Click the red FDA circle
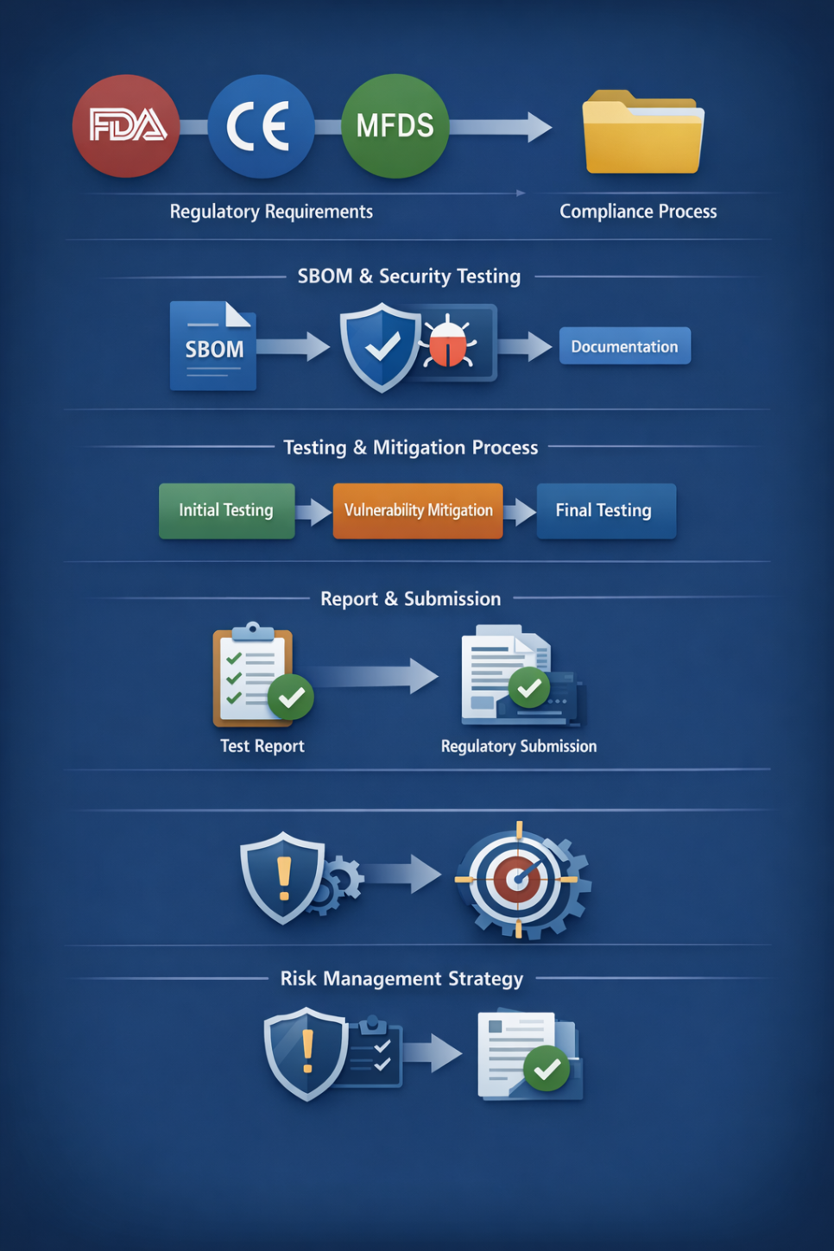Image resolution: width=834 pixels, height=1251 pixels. coord(126,126)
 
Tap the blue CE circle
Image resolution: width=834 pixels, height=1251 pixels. coord(260,126)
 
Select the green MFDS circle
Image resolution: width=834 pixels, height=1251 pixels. coord(395,126)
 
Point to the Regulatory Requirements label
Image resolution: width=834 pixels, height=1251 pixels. coord(271,212)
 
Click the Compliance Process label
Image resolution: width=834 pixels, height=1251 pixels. coord(638,212)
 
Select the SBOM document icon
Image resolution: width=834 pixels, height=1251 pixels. coord(213,345)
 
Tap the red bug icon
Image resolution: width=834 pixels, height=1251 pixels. coord(448,343)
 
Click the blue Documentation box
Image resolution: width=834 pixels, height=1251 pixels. coord(624,346)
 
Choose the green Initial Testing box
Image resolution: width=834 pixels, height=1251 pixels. coord(226,510)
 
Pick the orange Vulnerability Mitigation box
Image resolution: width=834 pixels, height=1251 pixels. coord(418,510)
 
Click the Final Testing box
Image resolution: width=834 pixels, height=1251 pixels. coord(605,510)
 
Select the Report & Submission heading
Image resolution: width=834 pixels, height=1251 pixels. coord(410,598)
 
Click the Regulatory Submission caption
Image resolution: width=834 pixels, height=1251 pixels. coord(518,746)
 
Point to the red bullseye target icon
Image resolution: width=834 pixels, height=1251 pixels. coord(518,879)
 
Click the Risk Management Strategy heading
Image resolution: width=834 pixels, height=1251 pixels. coord(401,978)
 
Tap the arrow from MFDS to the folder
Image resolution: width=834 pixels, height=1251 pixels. coord(501,127)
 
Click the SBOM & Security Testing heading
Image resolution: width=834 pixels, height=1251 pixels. coord(409,276)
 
